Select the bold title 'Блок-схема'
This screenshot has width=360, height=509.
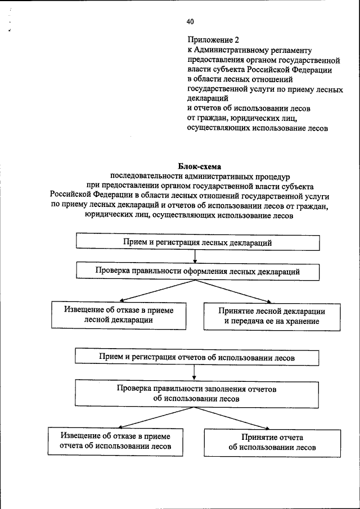pyautogui.click(x=200, y=166)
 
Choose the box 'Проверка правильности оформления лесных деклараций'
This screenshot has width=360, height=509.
pyautogui.click(x=197, y=271)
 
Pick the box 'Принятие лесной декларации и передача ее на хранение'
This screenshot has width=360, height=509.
pyautogui.click(x=272, y=316)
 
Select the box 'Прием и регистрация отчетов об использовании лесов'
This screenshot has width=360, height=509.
pyautogui.click(x=197, y=357)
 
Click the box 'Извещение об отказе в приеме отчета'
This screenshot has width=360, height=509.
pyautogui.click(x=115, y=442)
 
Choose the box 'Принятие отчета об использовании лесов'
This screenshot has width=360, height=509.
pyautogui.click(x=272, y=443)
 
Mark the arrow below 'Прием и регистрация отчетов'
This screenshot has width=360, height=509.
pyautogui.click(x=195, y=372)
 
